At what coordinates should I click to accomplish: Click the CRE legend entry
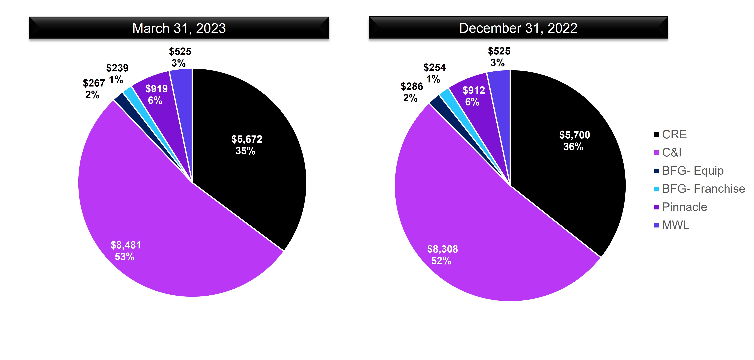(674, 134)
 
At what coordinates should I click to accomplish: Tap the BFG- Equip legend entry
(692, 171)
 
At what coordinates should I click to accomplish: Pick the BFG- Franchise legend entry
(703, 189)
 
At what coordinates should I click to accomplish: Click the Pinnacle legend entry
(684, 207)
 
